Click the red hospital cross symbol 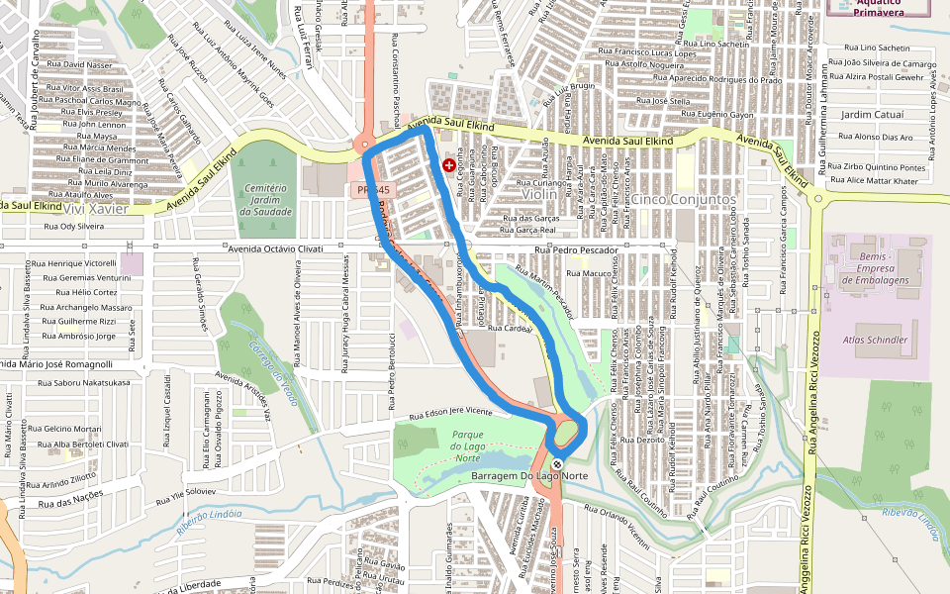point(449,164)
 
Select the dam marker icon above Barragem point(558,463)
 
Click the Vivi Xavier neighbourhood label point(91,209)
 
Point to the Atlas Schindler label point(875,340)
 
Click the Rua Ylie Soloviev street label point(179,492)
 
